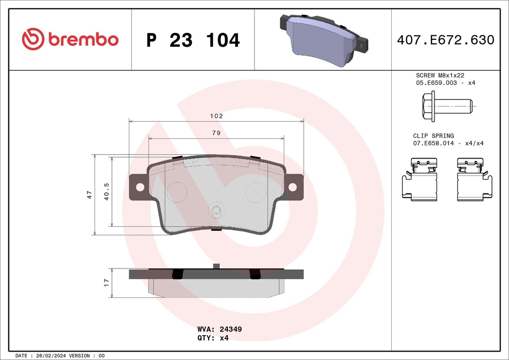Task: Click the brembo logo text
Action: (x=83, y=40)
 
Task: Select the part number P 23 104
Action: (x=193, y=40)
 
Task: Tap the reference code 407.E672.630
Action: (x=445, y=40)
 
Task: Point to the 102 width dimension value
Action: (x=216, y=116)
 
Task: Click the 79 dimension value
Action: (x=216, y=133)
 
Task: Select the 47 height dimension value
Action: (x=89, y=194)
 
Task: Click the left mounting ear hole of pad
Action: (x=140, y=187)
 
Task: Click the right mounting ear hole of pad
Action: (x=292, y=187)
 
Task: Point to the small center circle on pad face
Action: (x=216, y=211)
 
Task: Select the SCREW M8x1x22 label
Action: (x=440, y=75)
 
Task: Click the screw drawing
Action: (x=446, y=106)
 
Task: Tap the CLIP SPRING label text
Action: (x=433, y=136)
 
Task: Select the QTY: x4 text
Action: (x=213, y=338)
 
